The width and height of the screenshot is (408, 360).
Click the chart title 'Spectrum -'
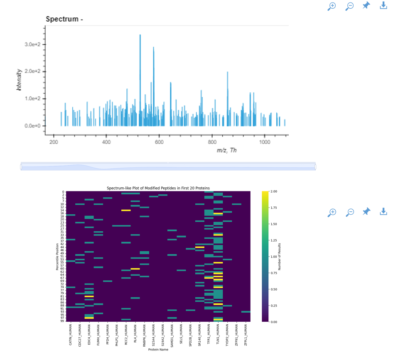[64, 19]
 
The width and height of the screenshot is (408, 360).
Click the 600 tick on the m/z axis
[159, 142]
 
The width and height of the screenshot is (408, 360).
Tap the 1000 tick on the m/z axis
[265, 142]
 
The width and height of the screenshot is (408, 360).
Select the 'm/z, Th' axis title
[226, 150]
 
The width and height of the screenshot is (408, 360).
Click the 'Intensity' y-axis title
[19, 80]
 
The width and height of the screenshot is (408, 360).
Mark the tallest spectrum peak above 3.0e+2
[140, 36]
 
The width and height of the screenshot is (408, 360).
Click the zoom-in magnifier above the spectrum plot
[332, 6]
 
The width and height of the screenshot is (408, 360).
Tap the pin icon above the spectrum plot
[366, 6]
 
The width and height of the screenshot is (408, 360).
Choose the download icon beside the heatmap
[383, 212]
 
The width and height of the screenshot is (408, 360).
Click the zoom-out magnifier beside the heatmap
[350, 212]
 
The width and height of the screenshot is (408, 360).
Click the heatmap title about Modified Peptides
[158, 188]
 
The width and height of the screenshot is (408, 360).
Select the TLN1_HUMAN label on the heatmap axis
[218, 335]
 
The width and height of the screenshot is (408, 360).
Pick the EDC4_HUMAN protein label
[89, 335]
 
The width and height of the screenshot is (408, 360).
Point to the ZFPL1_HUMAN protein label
[246, 335]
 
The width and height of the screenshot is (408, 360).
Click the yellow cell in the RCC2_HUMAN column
[126, 211]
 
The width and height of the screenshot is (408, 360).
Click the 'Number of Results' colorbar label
[280, 257]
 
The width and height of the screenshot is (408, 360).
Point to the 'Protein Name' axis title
[158, 350]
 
